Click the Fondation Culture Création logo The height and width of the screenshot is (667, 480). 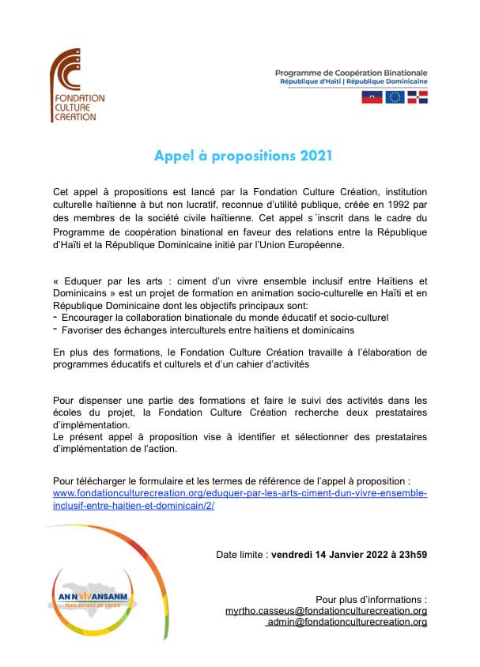coord(77,85)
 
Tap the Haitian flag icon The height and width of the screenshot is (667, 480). coord(372,97)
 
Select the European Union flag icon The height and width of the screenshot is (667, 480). coord(395,97)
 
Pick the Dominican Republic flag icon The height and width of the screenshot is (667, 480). coord(418,97)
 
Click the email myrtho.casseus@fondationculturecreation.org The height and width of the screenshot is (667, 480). coord(327,611)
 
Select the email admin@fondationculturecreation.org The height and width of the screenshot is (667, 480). coord(346,622)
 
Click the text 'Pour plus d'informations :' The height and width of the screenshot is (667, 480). coord(371,599)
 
